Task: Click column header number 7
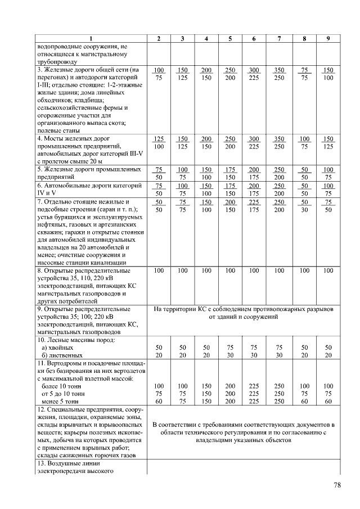pyautogui.click(x=279, y=38)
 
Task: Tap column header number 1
pyautogui.click(x=91, y=38)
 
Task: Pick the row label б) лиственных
pyautogui.click(x=61, y=356)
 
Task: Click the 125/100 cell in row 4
pyautogui.click(x=159, y=142)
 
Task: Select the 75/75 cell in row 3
pyautogui.click(x=304, y=74)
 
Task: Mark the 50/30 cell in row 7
pyautogui.click(x=304, y=206)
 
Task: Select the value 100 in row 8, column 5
pyautogui.click(x=230, y=271)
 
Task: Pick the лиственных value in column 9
pyautogui.click(x=328, y=356)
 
